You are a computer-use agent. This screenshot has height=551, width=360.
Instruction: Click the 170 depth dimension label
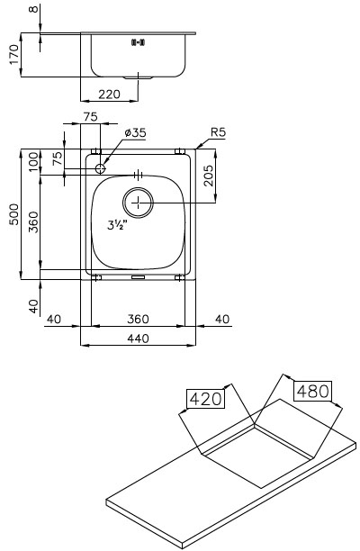(x=14, y=54)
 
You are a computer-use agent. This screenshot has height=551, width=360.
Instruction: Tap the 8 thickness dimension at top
(x=34, y=8)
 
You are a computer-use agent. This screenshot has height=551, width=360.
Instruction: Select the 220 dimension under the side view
(x=109, y=95)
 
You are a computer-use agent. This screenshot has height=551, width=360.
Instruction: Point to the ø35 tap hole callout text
(x=135, y=132)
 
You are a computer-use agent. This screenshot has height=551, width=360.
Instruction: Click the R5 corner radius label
(x=218, y=132)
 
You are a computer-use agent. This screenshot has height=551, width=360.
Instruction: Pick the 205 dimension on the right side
(x=208, y=176)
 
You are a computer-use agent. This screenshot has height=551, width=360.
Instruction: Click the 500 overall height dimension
(x=15, y=214)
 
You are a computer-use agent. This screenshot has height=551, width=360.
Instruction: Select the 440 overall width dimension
(x=138, y=339)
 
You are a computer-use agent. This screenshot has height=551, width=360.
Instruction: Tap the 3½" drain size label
(x=117, y=225)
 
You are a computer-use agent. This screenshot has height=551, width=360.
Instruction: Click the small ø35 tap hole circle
(x=101, y=168)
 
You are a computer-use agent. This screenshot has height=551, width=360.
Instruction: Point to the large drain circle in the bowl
(x=138, y=203)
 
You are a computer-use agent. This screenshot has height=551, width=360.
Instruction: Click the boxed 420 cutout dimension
(x=205, y=399)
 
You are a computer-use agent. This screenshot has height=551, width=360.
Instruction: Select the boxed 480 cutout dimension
(x=313, y=391)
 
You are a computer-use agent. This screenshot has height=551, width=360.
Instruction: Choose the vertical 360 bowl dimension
(x=33, y=222)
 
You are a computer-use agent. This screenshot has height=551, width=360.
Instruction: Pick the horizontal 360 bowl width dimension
(x=138, y=319)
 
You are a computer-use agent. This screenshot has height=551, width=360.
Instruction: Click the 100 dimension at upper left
(x=33, y=162)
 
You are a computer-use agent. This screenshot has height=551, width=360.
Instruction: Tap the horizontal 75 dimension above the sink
(x=91, y=117)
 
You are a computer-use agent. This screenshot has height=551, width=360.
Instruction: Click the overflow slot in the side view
(x=138, y=43)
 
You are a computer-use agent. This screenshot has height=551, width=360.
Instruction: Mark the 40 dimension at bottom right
(x=222, y=319)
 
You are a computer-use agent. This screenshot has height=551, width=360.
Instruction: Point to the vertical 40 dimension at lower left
(x=33, y=306)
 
